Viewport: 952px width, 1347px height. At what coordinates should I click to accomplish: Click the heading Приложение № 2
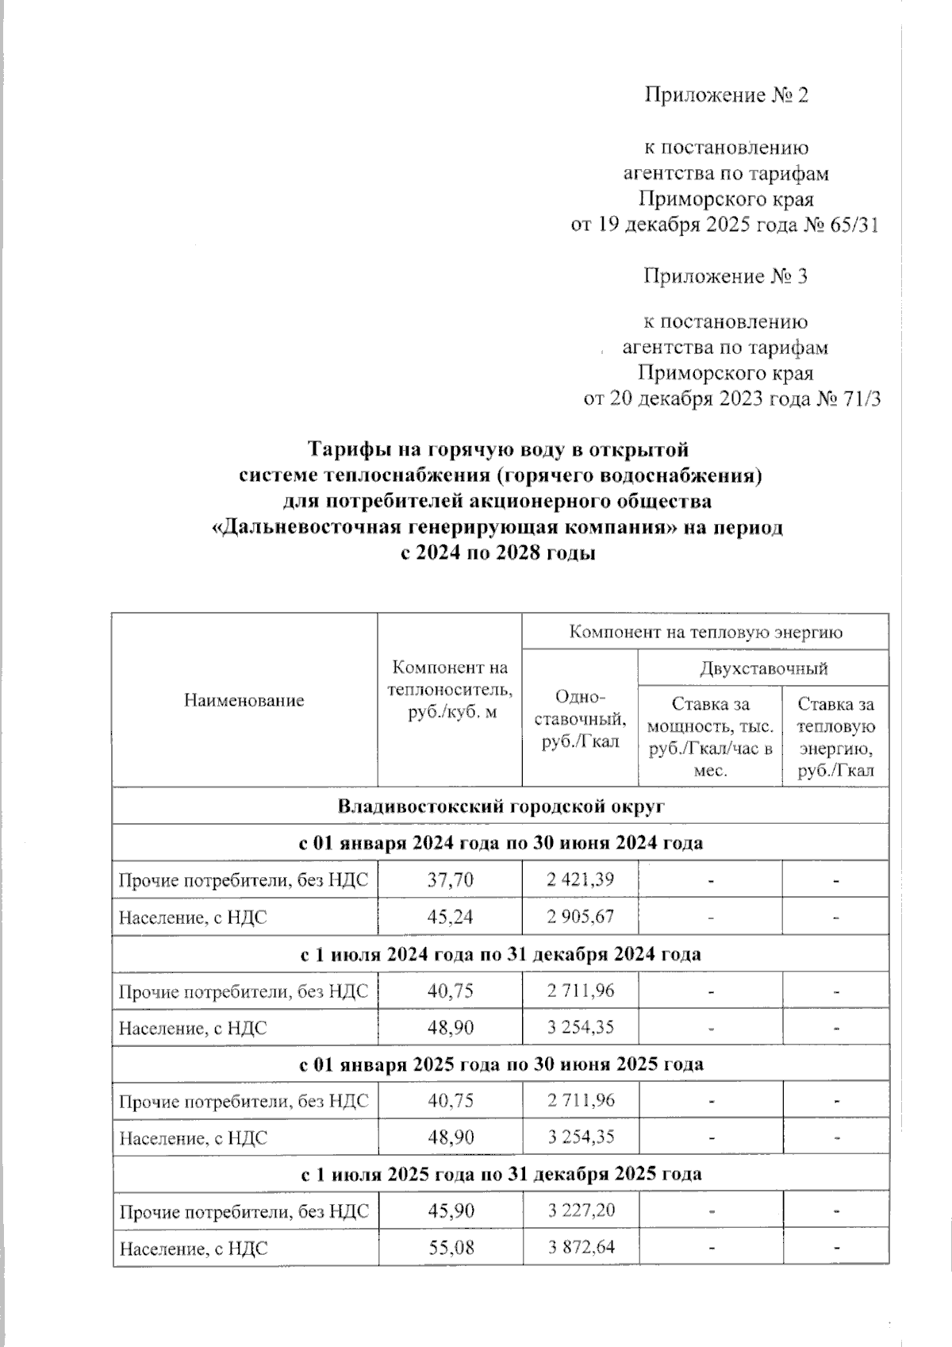[x=726, y=96]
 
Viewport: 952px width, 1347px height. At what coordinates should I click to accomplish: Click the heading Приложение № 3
[x=726, y=276]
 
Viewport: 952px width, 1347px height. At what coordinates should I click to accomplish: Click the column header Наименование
[x=244, y=700]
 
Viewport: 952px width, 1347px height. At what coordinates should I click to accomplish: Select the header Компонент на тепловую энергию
[x=705, y=633]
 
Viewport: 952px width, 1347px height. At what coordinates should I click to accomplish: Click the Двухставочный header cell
[x=763, y=668]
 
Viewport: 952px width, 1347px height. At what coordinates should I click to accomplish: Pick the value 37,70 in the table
[x=450, y=879]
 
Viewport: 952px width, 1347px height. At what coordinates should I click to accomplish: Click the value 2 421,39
[x=580, y=879]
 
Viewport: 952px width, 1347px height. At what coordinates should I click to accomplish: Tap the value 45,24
[x=450, y=917]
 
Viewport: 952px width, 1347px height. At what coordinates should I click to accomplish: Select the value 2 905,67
[x=580, y=917]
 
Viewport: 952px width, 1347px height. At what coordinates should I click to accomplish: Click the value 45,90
[x=450, y=1211]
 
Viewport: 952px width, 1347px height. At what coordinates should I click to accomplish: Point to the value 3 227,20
[x=580, y=1211]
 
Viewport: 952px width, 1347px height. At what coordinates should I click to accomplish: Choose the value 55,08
[x=450, y=1248]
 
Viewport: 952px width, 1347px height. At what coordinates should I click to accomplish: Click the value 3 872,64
[x=580, y=1248]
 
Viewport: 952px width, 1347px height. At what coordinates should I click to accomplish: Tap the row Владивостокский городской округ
[x=501, y=806]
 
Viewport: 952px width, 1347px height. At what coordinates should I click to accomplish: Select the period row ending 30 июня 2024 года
[x=501, y=843]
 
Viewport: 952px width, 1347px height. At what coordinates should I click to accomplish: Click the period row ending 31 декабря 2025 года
[x=501, y=1174]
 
